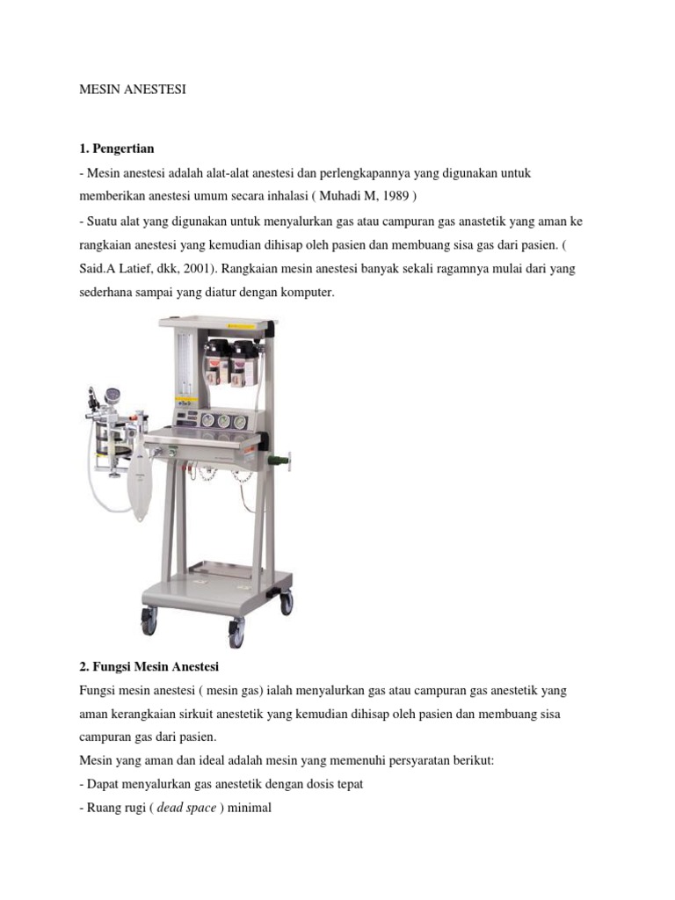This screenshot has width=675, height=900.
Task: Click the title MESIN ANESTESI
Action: (x=133, y=90)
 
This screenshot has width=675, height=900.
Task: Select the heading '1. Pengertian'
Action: (x=117, y=149)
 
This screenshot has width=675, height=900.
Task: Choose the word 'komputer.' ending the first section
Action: (x=307, y=293)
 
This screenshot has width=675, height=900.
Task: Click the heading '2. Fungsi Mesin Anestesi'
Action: (x=149, y=667)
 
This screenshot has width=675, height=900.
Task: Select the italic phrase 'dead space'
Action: (x=186, y=809)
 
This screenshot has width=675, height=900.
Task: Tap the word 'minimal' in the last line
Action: (x=250, y=809)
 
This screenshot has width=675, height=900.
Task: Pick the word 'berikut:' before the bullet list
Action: (x=474, y=761)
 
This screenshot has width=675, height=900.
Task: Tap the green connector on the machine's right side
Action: (x=281, y=459)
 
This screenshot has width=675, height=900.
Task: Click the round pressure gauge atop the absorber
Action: (x=112, y=396)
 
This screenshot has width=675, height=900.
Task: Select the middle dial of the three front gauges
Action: (x=224, y=422)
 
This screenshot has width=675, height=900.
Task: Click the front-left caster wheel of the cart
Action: (x=149, y=621)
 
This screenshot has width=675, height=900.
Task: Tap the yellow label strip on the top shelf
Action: (x=241, y=326)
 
